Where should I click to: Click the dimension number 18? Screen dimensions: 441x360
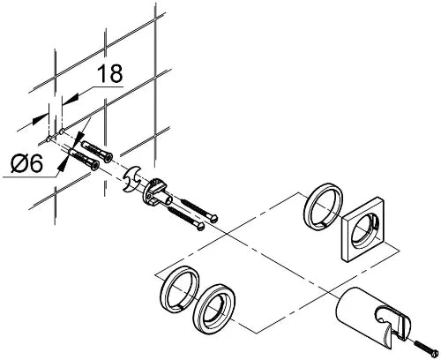click(x=109, y=73)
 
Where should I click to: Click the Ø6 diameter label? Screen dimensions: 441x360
click(x=27, y=163)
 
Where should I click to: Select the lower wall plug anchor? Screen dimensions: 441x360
click(x=84, y=160)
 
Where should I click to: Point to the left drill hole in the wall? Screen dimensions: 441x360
click(x=49, y=138)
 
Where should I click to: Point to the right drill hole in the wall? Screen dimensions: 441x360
click(x=62, y=131)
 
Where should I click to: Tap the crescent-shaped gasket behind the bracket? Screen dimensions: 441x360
click(x=131, y=179)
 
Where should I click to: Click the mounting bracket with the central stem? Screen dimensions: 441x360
click(x=157, y=192)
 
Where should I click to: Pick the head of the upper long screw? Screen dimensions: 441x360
click(x=214, y=218)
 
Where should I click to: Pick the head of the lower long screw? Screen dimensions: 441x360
click(x=200, y=227)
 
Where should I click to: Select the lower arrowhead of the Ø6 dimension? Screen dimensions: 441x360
click(x=62, y=166)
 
